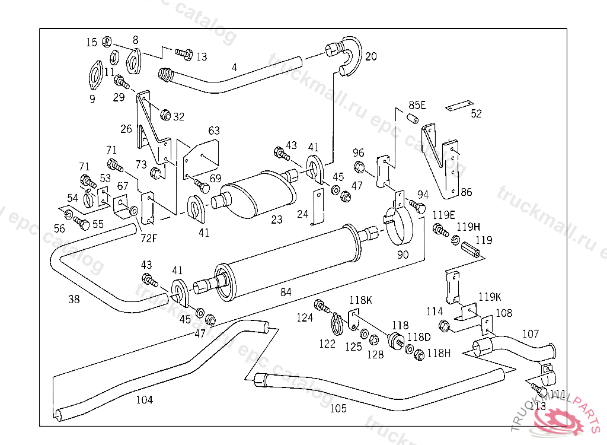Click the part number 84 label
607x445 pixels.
(286, 291)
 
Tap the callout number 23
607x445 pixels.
(277, 220)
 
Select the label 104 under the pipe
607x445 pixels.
(144, 400)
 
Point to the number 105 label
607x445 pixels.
(338, 408)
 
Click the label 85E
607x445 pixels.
(417, 106)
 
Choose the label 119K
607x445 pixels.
(490, 296)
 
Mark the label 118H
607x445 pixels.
(439, 354)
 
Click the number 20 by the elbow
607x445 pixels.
(371, 57)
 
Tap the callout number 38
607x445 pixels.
(74, 300)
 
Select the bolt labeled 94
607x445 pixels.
(417, 206)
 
